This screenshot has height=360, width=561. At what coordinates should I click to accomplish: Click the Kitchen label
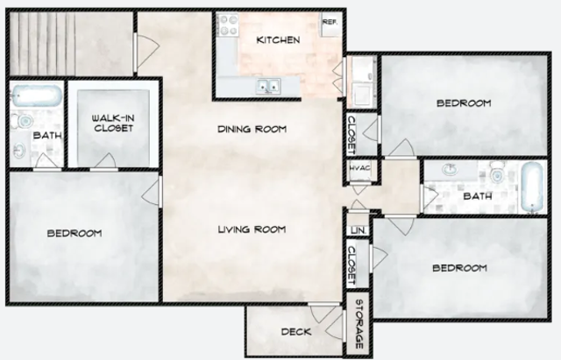coord(279,39)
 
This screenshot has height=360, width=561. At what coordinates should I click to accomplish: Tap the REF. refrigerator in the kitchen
coord(330,25)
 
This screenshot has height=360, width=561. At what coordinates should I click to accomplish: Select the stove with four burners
coord(228,25)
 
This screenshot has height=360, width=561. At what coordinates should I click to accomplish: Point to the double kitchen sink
coord(268,86)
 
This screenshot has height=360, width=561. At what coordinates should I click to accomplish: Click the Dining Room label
coord(252,129)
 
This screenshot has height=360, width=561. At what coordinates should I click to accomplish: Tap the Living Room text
coord(252,229)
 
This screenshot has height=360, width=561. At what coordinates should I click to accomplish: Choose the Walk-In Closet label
coord(113,123)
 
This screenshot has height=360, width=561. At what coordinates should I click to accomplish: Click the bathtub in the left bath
coord(37,95)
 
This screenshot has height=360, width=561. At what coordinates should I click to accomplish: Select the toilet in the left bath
coord(23,121)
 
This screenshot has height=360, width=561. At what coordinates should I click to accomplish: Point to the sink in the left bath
coord(19,151)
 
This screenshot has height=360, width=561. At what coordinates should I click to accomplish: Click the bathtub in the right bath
coord(532,187)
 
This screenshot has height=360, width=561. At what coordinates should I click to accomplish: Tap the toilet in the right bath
coord(497,173)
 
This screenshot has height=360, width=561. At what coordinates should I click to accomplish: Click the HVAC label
coord(359,168)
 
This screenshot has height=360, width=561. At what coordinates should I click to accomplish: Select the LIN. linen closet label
coord(359,230)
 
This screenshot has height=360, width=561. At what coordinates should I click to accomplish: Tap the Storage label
coord(359,324)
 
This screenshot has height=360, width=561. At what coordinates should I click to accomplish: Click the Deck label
coord(296,332)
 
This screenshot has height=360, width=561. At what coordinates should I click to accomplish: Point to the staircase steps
coord(42,43)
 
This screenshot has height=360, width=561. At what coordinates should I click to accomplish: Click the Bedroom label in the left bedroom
coord(75,234)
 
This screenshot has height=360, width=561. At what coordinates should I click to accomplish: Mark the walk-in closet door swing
coord(105,160)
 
